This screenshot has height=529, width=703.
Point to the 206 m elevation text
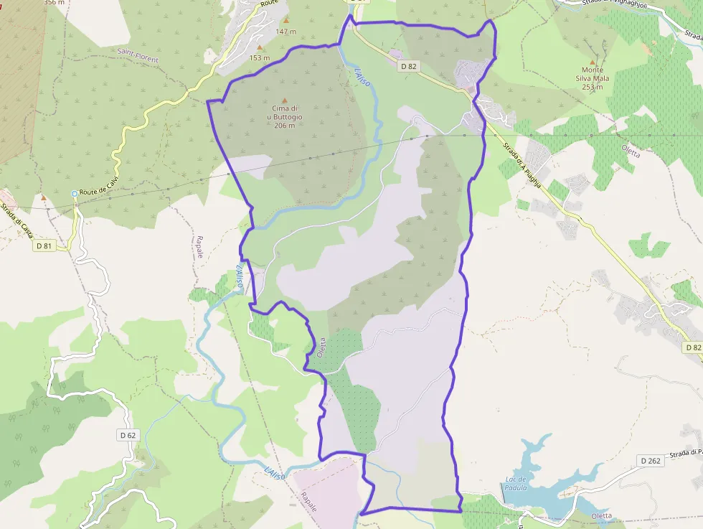285,126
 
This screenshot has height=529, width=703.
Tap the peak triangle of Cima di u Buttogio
285,100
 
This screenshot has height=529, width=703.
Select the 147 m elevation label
286,32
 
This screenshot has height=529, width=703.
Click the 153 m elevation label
260,58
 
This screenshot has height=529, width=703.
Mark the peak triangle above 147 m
286,20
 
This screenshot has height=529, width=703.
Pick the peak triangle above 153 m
260,48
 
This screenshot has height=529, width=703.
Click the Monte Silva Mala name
592,74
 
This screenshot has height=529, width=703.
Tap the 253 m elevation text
592,87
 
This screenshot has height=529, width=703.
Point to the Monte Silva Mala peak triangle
592,62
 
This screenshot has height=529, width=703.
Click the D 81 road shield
44,246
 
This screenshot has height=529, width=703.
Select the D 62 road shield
128,435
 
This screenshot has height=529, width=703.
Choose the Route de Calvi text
98,191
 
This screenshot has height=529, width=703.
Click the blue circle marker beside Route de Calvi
74,193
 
